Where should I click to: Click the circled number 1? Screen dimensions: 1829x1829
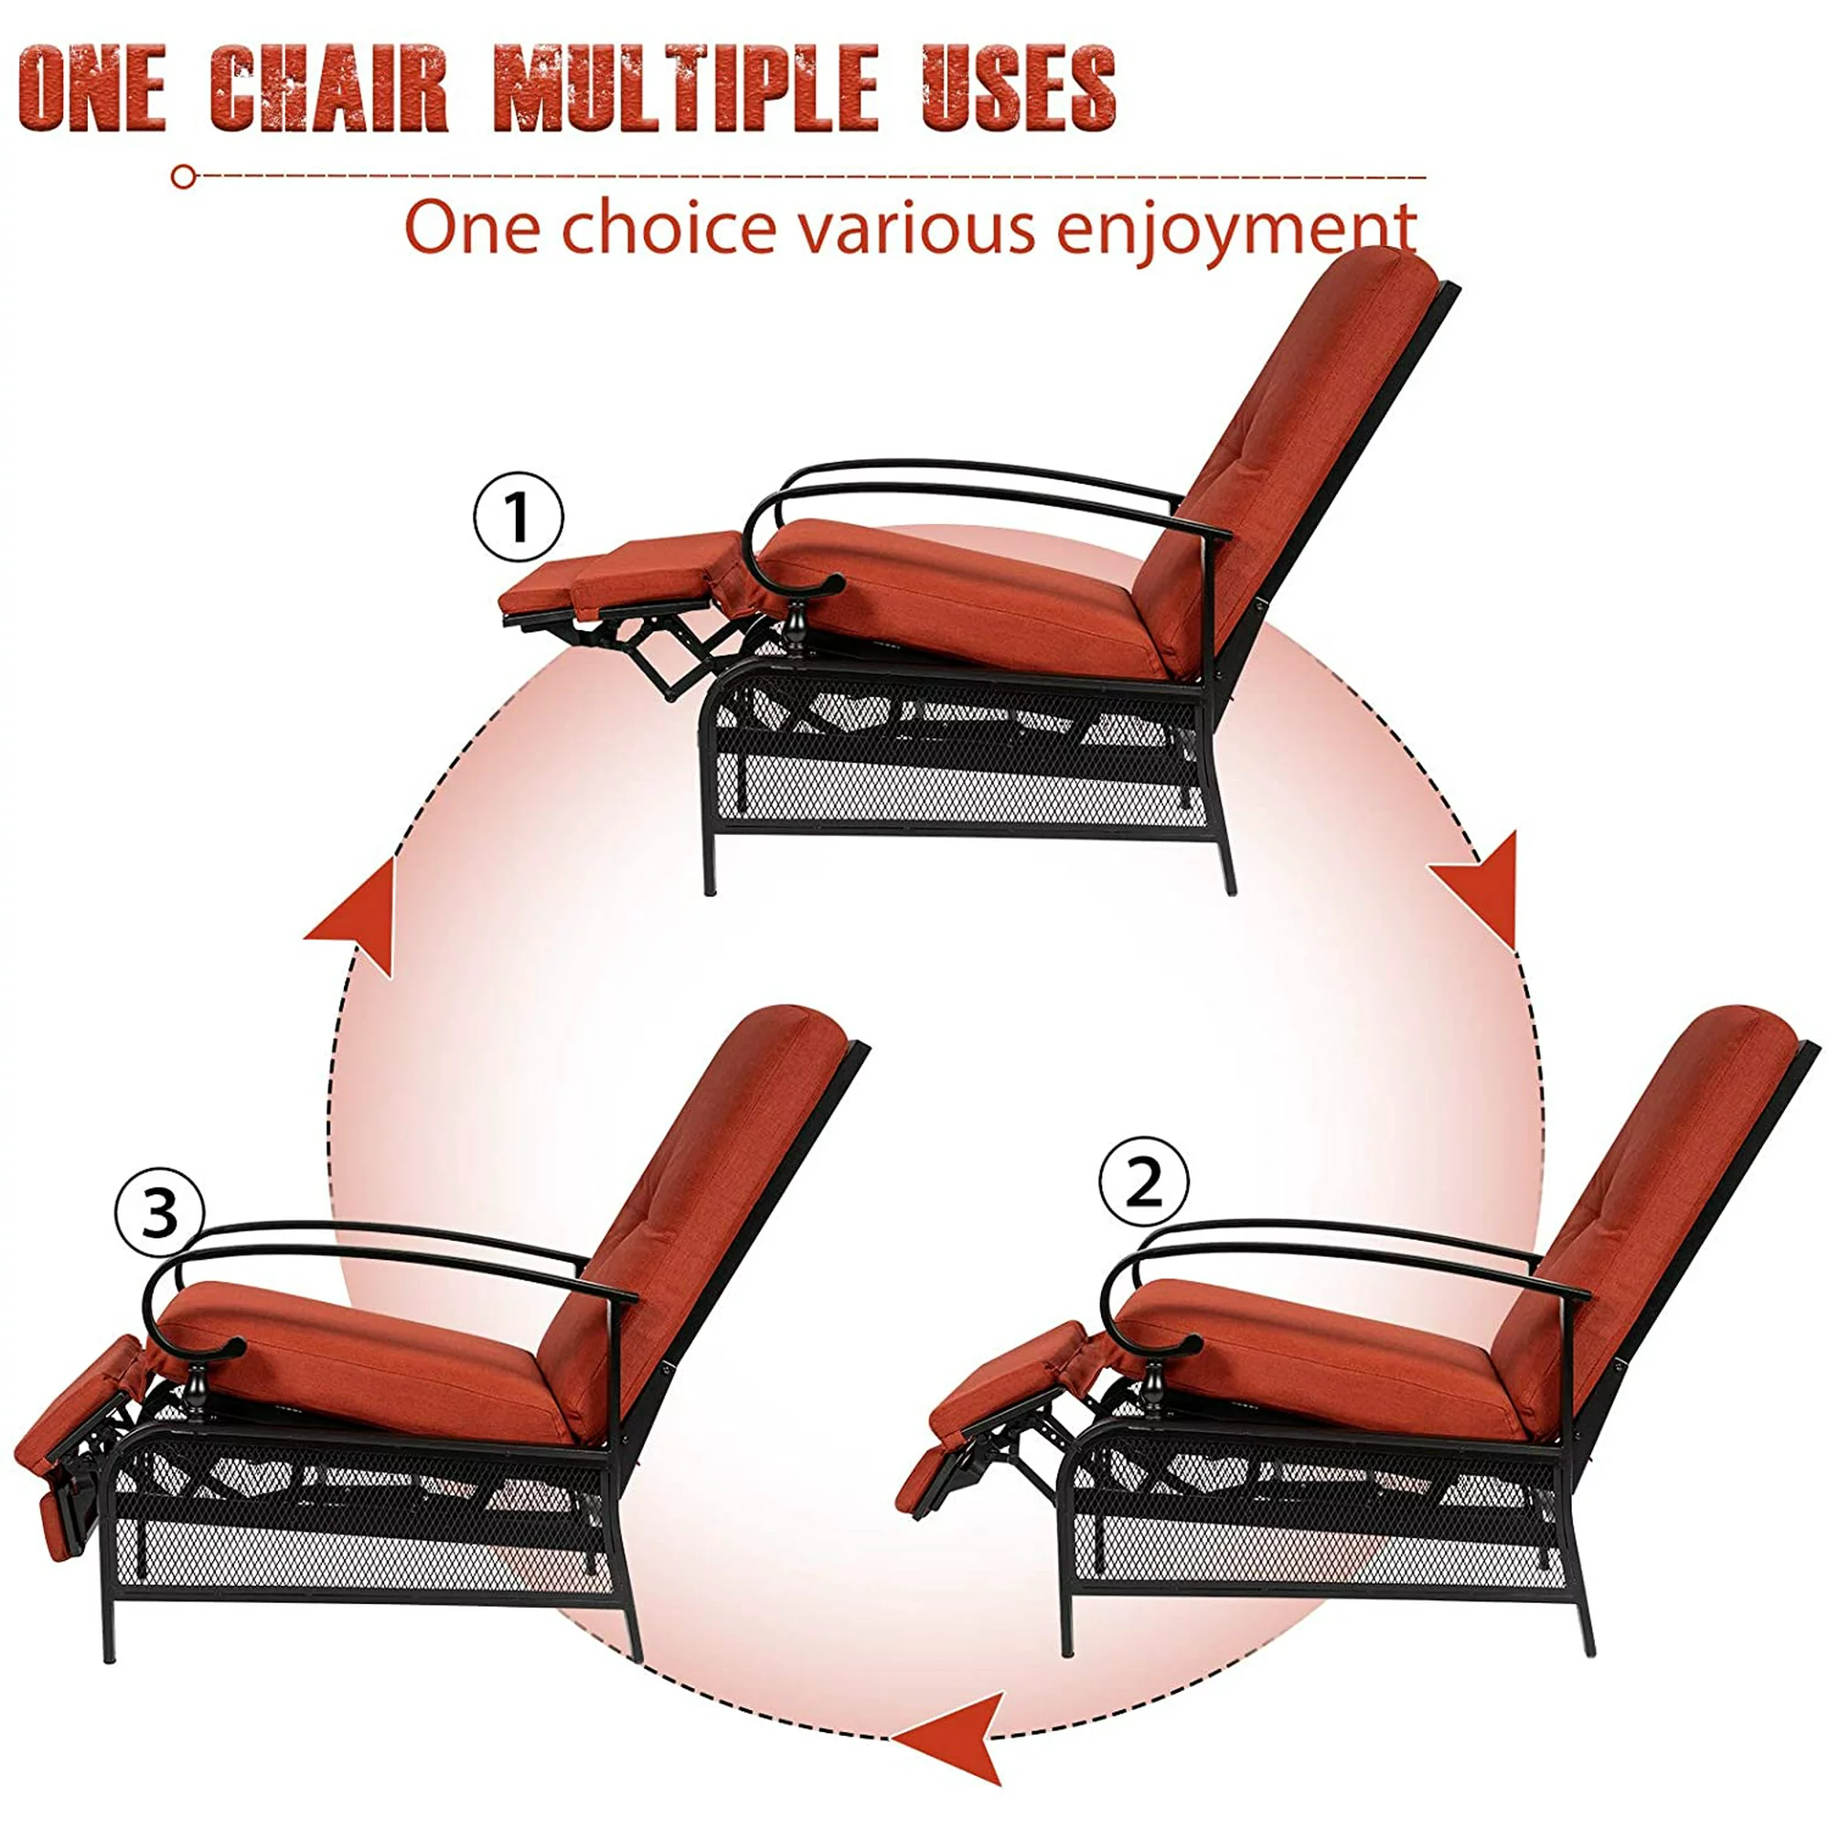(518, 518)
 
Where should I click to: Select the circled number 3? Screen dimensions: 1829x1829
(159, 1214)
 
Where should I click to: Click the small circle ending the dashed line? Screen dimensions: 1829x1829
(184, 177)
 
